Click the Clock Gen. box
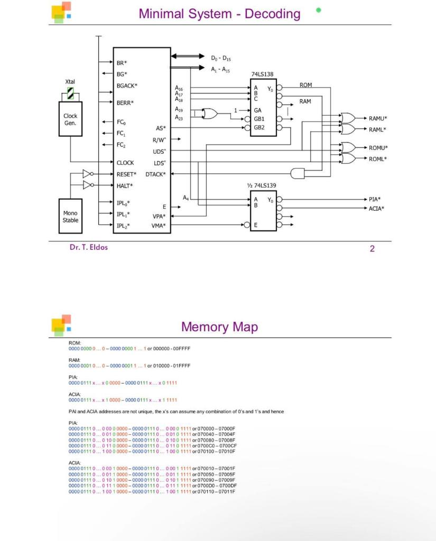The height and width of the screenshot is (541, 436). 70,119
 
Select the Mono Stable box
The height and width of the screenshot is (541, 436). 70,217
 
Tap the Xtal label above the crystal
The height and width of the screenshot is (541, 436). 70,82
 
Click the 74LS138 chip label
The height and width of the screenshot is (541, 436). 262,74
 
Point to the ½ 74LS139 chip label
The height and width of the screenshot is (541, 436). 262,185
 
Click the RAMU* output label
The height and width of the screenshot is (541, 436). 378,118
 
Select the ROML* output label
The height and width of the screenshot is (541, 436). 378,159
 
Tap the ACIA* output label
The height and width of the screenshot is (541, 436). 376,209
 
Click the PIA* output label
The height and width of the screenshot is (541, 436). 375,199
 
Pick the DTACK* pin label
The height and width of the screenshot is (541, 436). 156,174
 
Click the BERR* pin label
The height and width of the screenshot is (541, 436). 125,103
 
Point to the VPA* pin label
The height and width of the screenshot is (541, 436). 159,217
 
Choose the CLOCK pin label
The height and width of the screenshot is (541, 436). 125,163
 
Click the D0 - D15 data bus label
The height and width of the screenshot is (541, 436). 221,58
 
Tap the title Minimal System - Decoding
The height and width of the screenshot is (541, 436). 219,14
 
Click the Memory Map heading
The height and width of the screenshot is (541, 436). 219,327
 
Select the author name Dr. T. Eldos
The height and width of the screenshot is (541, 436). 89,247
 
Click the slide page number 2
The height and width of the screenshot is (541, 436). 372,249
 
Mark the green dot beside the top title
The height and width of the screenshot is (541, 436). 318,10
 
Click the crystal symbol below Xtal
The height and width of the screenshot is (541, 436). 70,95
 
